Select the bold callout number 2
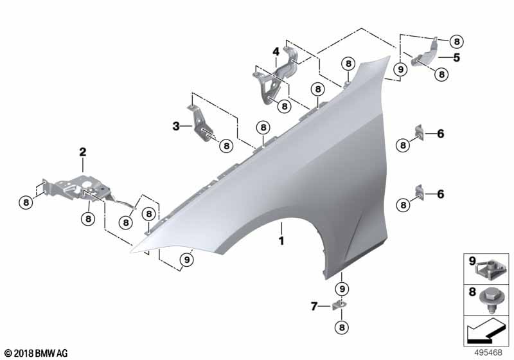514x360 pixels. [x=82, y=152]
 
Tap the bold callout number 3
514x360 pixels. [x=175, y=127]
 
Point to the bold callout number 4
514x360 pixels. [x=274, y=51]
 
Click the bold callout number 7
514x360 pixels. [x=314, y=307]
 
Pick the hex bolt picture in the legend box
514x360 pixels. [x=492, y=298]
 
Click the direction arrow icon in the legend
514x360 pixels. [x=485, y=332]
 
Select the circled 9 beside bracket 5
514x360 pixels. [x=400, y=69]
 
